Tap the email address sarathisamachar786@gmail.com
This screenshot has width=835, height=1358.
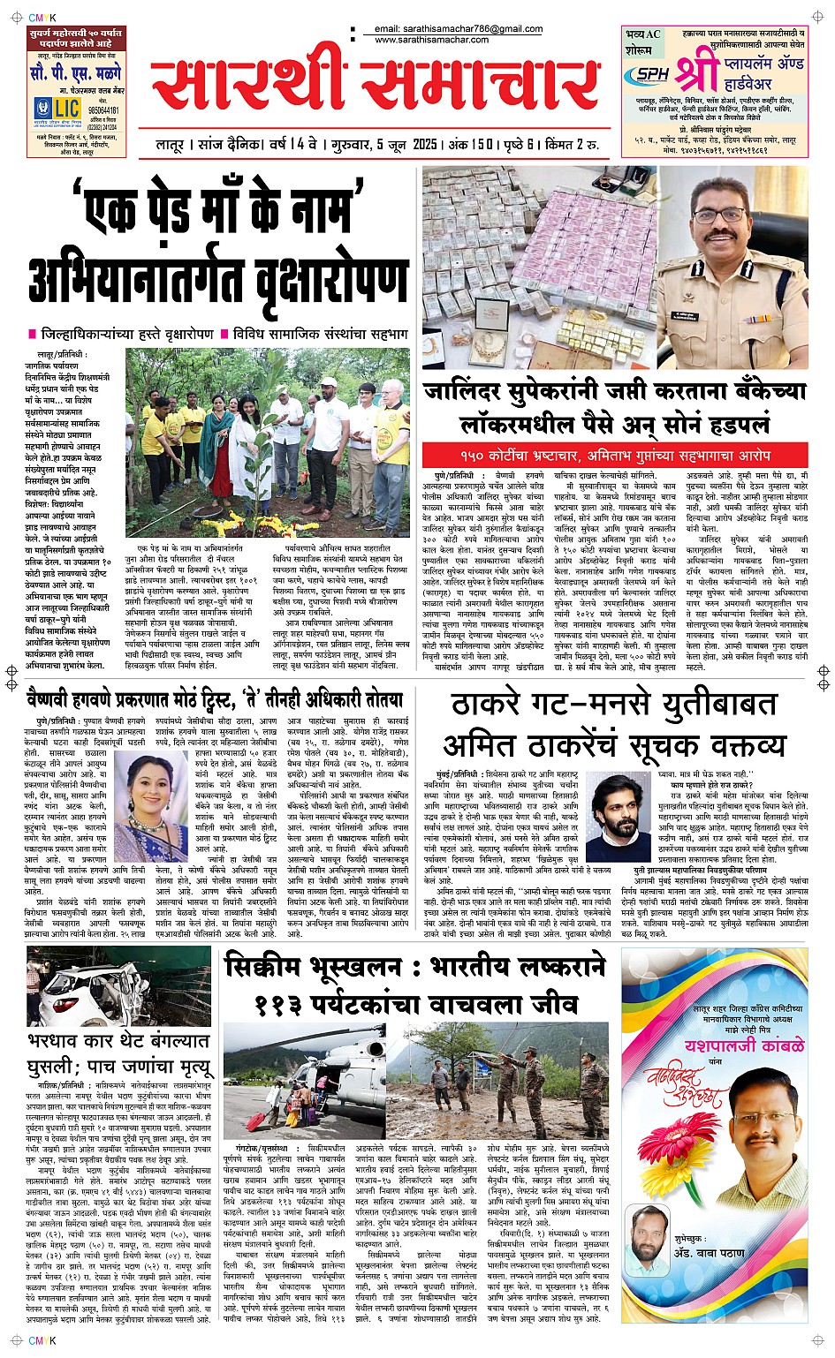pos(459,29)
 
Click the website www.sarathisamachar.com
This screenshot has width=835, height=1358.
pos(432,40)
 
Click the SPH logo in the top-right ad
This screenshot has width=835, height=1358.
pos(654,75)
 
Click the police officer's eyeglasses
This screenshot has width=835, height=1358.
pos(720,215)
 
